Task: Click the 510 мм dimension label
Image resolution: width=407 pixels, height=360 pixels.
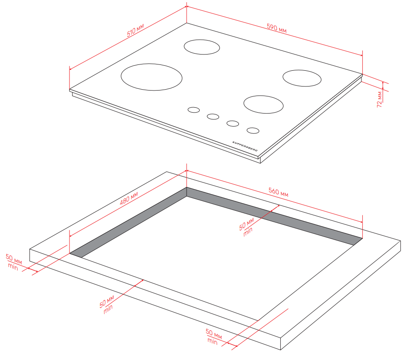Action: coord(135,30)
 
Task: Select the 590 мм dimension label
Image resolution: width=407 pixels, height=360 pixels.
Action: coord(277,28)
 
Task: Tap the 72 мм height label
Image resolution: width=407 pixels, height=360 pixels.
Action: coord(380,99)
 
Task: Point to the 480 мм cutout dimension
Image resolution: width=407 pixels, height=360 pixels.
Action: coord(129,198)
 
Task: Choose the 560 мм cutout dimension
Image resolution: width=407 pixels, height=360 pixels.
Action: coord(278,192)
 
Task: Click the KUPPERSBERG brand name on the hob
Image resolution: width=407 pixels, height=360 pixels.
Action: coord(245,146)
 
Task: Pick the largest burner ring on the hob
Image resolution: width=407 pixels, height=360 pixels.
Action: coord(151,77)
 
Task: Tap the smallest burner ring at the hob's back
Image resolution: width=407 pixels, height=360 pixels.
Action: coord(202,47)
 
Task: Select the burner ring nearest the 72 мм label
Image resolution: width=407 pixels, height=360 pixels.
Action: coord(302,78)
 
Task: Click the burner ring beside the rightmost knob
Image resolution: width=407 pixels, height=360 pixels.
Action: coord(264,105)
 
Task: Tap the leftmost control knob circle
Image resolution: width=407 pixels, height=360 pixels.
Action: coord(194,110)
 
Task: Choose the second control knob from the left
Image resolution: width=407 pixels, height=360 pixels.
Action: coord(213,117)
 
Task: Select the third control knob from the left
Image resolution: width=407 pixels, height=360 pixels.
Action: coord(233,123)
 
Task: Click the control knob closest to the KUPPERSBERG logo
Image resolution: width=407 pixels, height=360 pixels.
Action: coord(253,131)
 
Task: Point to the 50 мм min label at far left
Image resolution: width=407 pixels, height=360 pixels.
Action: coord(14,262)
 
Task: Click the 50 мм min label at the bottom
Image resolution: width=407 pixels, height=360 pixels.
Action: coord(214,337)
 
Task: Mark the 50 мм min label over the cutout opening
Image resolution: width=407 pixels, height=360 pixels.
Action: coord(247,227)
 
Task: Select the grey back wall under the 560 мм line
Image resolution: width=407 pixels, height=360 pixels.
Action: coord(274,216)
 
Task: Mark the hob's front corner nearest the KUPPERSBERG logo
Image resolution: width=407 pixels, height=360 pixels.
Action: coord(258,157)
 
